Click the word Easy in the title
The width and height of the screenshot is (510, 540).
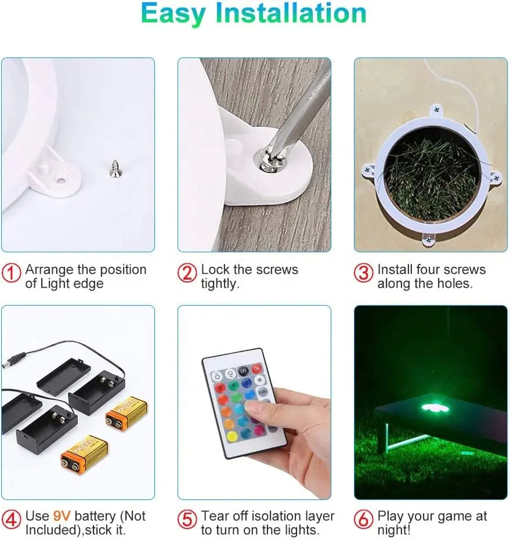[x=173, y=14]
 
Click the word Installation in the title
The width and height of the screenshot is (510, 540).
[x=291, y=13]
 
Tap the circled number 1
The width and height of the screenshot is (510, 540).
[x=12, y=273]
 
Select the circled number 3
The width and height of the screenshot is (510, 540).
[x=364, y=273]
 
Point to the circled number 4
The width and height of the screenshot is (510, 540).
[x=12, y=520]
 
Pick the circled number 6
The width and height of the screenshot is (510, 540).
[x=364, y=519]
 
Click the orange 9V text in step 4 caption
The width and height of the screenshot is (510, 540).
[x=62, y=516]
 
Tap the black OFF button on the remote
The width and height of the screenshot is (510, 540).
[x=244, y=371]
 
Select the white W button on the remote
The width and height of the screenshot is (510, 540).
[x=259, y=380]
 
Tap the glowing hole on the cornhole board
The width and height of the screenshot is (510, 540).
[x=435, y=409]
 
